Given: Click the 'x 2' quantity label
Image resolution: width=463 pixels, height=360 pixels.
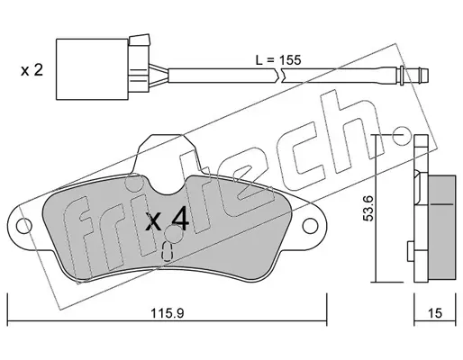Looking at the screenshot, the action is click(x=32, y=71).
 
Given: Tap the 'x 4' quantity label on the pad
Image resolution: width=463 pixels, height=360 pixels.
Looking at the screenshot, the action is click(x=167, y=220).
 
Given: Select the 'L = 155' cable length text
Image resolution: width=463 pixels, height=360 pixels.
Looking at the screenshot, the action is click(x=278, y=60).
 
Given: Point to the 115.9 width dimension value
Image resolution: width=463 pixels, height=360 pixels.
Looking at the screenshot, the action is click(x=167, y=313).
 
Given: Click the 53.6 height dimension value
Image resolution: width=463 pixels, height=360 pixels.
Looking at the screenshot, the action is click(x=368, y=208).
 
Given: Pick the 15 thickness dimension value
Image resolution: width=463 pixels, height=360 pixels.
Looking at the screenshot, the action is click(x=435, y=313).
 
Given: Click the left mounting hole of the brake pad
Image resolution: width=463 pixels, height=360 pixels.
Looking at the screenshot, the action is click(x=24, y=226).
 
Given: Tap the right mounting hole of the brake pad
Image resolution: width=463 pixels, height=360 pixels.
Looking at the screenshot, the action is click(x=310, y=226).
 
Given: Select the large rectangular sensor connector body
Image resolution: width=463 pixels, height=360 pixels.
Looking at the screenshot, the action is click(x=92, y=69).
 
